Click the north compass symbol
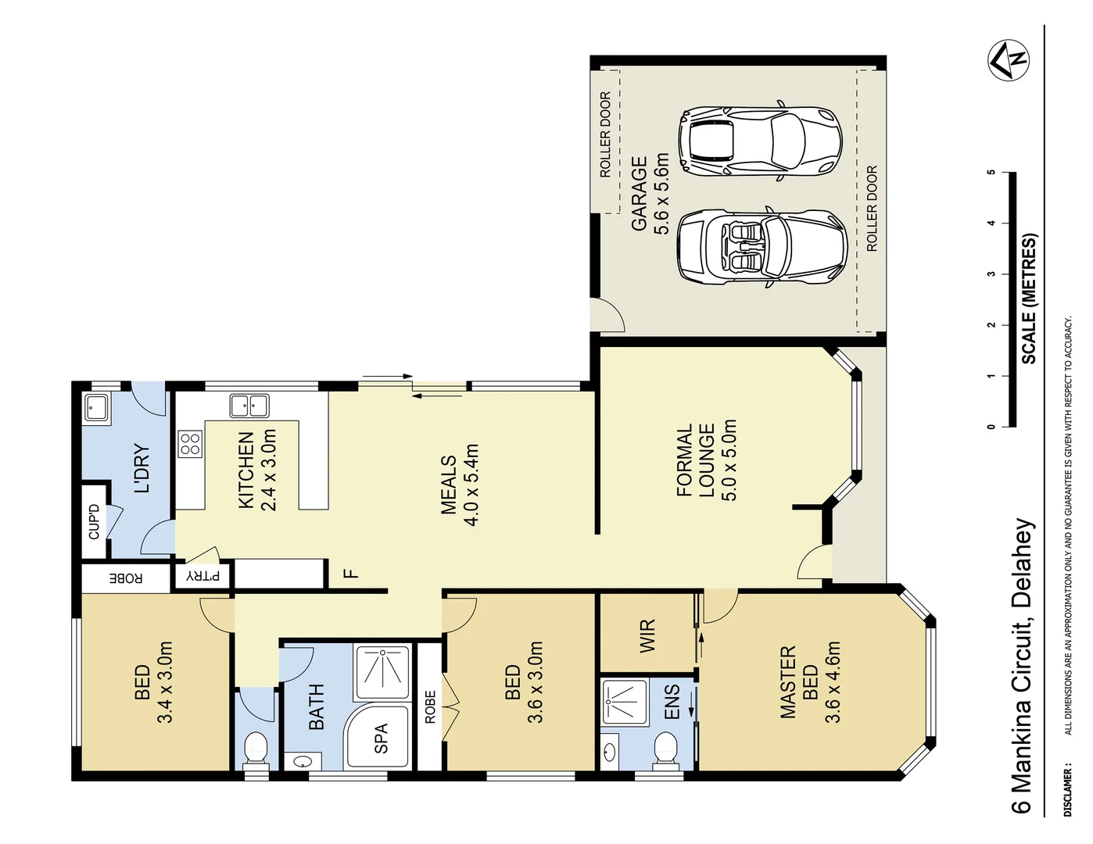tap(1009, 59)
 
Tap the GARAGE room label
tap(640, 194)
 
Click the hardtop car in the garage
tap(760, 141)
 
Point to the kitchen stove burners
tap(190, 444)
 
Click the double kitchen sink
tap(249, 406)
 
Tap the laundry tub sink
tap(96, 408)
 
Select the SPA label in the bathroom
tap(381, 738)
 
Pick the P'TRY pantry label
tap(203, 578)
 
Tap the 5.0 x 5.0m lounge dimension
tap(729, 461)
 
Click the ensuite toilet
tap(663, 748)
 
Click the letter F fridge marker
tap(352, 574)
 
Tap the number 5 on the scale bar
tap(991, 172)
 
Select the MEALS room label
tap(448, 485)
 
